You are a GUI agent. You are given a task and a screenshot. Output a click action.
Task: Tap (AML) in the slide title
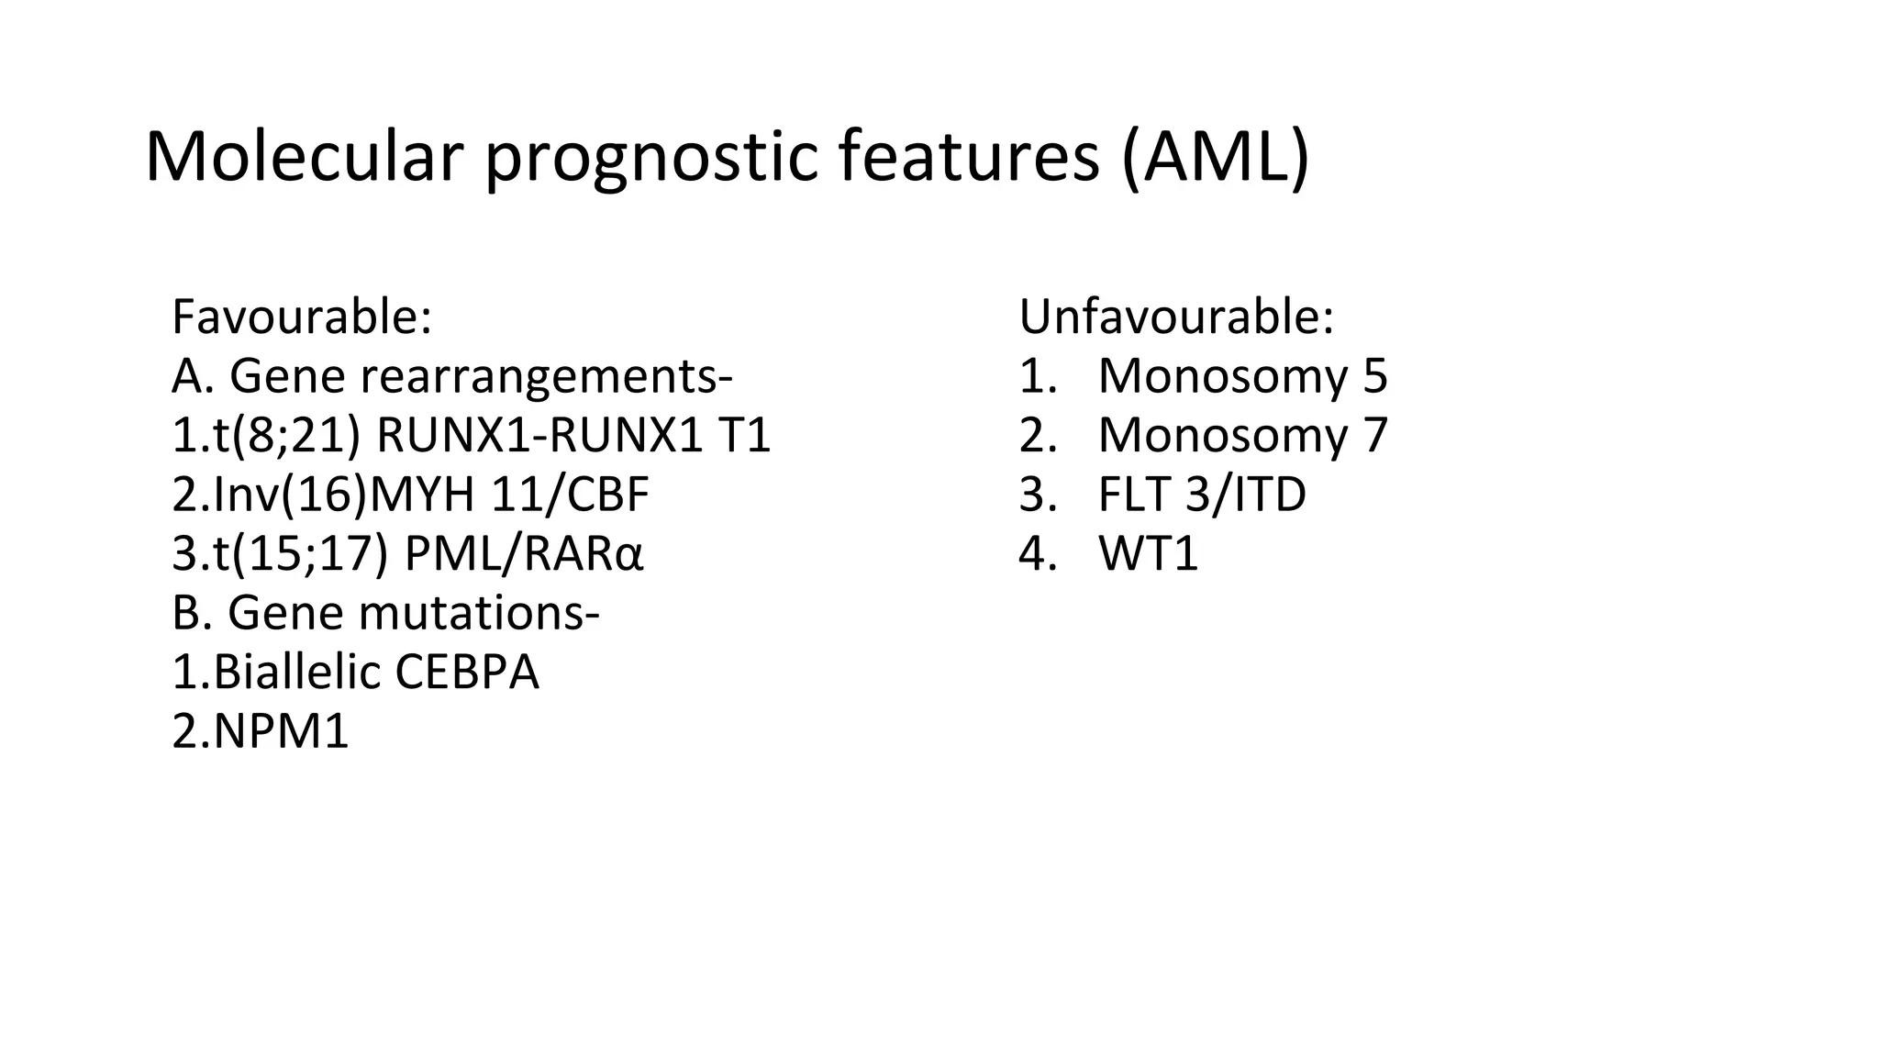click(x=1215, y=158)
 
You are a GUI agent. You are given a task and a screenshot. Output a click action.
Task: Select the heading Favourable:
click(x=302, y=317)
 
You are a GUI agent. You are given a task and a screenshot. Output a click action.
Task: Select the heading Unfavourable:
click(x=1176, y=317)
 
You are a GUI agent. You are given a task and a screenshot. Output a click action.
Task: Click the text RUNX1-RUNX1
click(x=539, y=435)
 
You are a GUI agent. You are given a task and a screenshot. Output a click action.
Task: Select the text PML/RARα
click(x=524, y=554)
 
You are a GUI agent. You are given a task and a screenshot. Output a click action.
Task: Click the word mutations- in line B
click(x=479, y=613)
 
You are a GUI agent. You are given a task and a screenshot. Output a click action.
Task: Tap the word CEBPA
click(x=467, y=673)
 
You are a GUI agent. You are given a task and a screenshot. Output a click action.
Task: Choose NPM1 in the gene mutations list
click(x=281, y=732)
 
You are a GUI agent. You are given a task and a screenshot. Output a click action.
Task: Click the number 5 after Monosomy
click(x=1374, y=376)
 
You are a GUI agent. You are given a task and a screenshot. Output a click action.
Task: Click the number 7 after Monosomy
click(x=1374, y=435)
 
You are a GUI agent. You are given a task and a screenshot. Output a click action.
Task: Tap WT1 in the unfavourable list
click(x=1148, y=554)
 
